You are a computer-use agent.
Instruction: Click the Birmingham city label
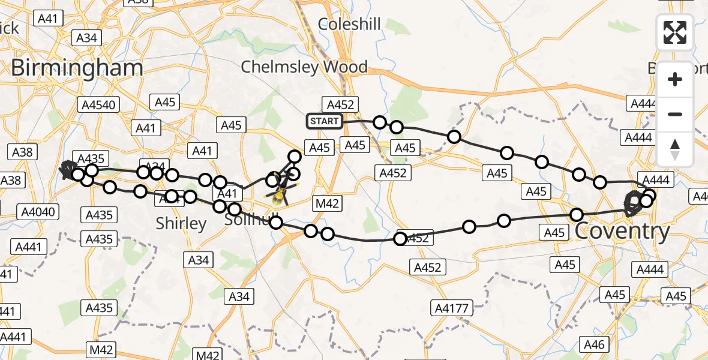pyautogui.click(x=77, y=68)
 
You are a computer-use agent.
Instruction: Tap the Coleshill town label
pyautogui.click(x=349, y=24)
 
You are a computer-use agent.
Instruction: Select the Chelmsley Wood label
pyautogui.click(x=304, y=67)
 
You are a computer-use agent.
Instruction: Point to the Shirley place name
pyautogui.click(x=181, y=224)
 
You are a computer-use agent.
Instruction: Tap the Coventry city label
pyautogui.click(x=622, y=231)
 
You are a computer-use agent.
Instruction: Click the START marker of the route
pyautogui.click(x=325, y=121)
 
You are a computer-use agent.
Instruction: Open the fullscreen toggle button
pyautogui.click(x=675, y=32)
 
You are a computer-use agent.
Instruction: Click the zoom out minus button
pyautogui.click(x=675, y=114)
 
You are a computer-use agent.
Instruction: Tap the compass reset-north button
pyautogui.click(x=675, y=149)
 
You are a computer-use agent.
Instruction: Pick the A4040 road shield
pyautogui.click(x=38, y=211)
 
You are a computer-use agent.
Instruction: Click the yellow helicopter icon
pyautogui.click(x=279, y=194)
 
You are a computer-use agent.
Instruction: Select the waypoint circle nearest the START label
pyautogui.click(x=379, y=122)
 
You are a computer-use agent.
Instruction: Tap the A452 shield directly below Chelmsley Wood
pyautogui.click(x=340, y=104)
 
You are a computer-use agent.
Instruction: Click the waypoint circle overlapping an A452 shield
pyautogui.click(x=401, y=239)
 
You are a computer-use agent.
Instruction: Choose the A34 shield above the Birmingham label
pyautogui.click(x=87, y=38)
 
